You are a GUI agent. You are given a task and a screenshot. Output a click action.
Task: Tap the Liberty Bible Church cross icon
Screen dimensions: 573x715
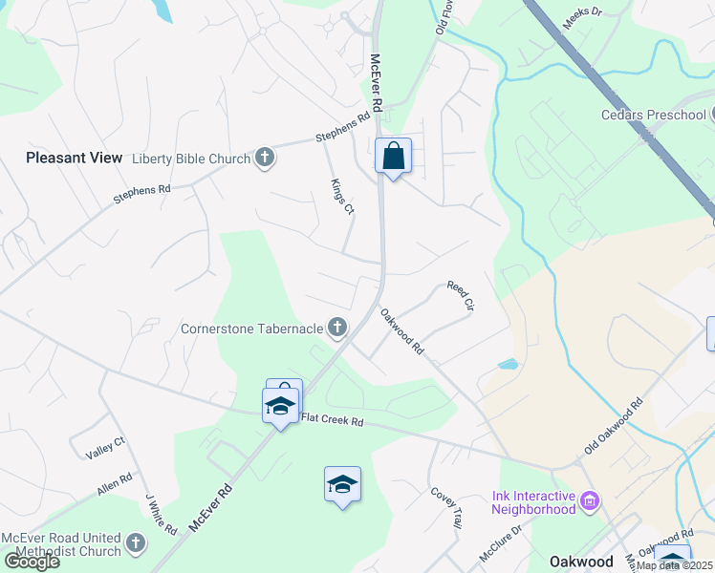tap(265, 158)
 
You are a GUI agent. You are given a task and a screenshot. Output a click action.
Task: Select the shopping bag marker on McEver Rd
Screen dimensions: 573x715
tap(394, 156)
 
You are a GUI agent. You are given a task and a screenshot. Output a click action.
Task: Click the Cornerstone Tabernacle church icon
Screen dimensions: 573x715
tap(336, 329)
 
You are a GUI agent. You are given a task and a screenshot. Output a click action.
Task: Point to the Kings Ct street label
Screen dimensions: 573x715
tap(342, 196)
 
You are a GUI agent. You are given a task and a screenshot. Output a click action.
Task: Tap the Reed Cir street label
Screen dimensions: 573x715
tap(460, 296)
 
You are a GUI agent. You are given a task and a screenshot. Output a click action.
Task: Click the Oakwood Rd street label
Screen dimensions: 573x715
tap(401, 331)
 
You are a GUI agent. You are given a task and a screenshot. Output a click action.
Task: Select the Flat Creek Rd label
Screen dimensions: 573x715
tap(332, 420)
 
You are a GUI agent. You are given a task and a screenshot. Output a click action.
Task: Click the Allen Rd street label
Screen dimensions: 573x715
tap(114, 484)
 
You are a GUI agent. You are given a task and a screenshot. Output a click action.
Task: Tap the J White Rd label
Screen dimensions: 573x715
tap(161, 514)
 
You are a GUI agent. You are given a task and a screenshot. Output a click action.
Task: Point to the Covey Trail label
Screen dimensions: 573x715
tap(446, 507)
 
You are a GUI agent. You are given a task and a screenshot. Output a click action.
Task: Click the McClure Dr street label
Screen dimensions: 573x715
tap(502, 541)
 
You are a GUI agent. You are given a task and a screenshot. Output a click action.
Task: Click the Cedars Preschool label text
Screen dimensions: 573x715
tap(653, 116)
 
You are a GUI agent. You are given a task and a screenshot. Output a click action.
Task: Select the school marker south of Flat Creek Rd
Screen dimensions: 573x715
tap(342, 484)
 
